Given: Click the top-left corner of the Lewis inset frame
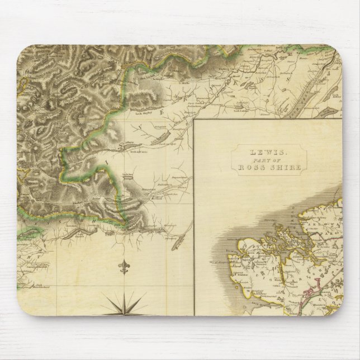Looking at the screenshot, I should click(x=196, y=120).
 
